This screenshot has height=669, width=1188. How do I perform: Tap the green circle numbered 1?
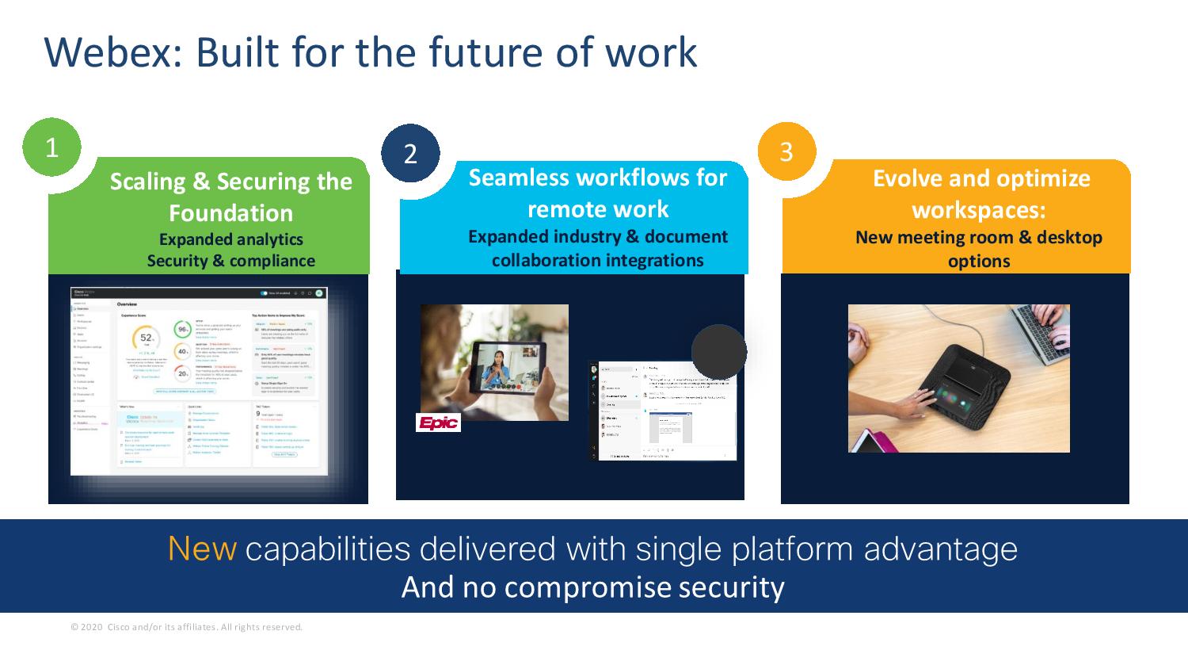(x=51, y=148)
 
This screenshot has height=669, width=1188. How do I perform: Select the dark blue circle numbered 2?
(x=410, y=153)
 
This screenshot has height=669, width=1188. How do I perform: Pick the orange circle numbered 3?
(x=786, y=151)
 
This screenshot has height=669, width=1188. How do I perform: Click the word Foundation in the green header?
(x=230, y=213)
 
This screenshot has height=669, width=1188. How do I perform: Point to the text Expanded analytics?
(x=230, y=239)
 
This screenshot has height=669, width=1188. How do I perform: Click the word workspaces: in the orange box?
(x=979, y=210)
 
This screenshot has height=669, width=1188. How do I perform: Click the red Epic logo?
(x=439, y=423)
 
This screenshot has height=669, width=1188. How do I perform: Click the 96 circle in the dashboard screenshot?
(x=183, y=328)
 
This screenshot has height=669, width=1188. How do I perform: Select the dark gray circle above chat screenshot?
(x=719, y=351)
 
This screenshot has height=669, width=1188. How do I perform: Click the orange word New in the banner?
(x=202, y=549)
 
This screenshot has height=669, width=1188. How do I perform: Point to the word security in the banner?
(x=730, y=587)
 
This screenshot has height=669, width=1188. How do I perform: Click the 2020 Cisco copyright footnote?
(x=187, y=627)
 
